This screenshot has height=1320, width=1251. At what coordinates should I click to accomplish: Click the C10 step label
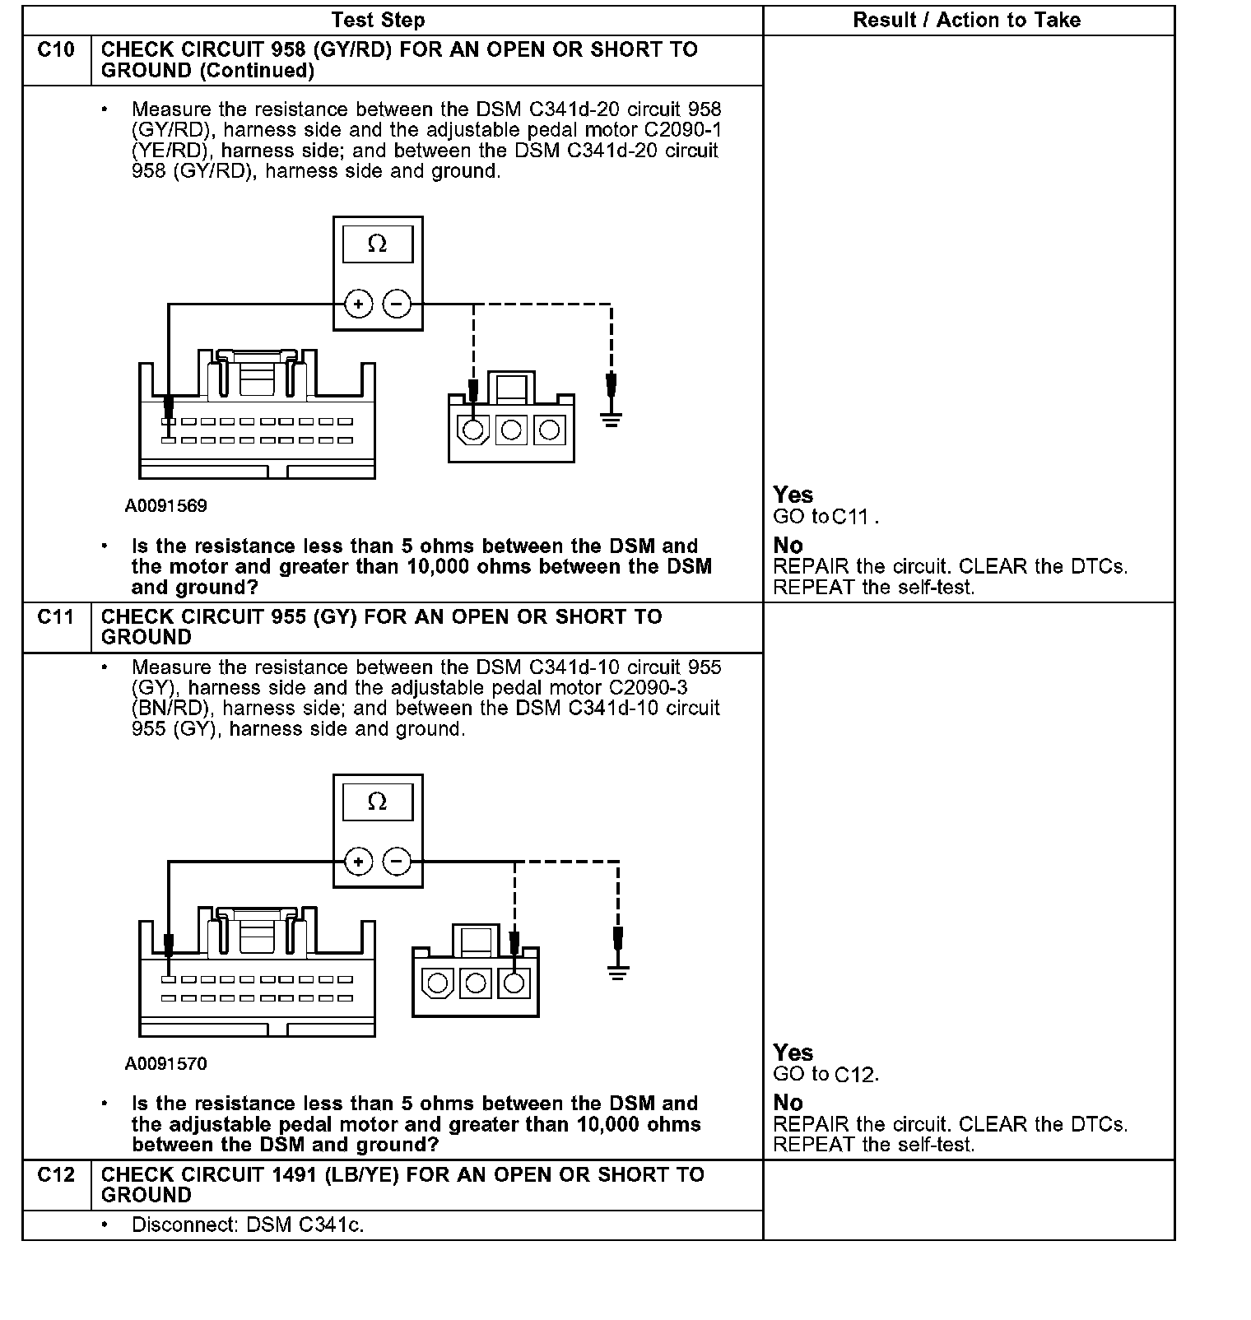pyautogui.click(x=56, y=50)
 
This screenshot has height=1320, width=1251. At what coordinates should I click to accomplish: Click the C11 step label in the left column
pyautogui.click(x=56, y=616)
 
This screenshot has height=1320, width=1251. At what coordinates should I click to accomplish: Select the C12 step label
pyautogui.click(x=56, y=1174)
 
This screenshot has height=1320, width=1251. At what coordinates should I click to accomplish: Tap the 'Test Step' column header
pyautogui.click(x=378, y=21)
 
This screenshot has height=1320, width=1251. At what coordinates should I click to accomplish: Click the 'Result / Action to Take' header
pyautogui.click(x=966, y=21)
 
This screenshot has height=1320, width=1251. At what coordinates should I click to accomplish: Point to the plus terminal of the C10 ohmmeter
pyautogui.click(x=358, y=304)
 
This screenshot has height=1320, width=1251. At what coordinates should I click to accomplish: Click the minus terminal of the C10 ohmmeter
pyautogui.click(x=397, y=304)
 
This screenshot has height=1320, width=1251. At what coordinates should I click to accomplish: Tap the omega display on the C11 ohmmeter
pyautogui.click(x=378, y=802)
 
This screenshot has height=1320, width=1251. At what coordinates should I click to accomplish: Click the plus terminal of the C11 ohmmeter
pyautogui.click(x=358, y=862)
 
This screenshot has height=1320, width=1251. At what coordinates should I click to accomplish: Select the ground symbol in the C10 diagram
pyautogui.click(x=611, y=419)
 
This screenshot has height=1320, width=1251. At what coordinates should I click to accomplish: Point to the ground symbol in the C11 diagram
pyautogui.click(x=618, y=973)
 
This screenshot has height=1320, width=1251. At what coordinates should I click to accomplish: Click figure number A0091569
pyautogui.click(x=166, y=506)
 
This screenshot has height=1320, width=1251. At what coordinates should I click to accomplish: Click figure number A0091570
pyautogui.click(x=166, y=1064)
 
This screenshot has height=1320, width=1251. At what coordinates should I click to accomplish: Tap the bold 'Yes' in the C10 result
pyautogui.click(x=793, y=495)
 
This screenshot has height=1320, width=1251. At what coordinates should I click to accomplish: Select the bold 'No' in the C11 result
pyautogui.click(x=788, y=1103)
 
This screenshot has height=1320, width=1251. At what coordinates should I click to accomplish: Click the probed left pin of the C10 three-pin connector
pyautogui.click(x=473, y=430)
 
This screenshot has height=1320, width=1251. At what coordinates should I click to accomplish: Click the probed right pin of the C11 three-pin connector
pyautogui.click(x=514, y=983)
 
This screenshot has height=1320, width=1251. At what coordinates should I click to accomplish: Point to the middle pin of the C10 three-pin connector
pyautogui.click(x=511, y=430)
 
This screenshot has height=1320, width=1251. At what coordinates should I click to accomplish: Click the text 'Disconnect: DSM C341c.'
pyautogui.click(x=248, y=1225)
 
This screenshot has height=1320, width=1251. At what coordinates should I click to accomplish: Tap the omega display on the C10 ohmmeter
pyautogui.click(x=378, y=244)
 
